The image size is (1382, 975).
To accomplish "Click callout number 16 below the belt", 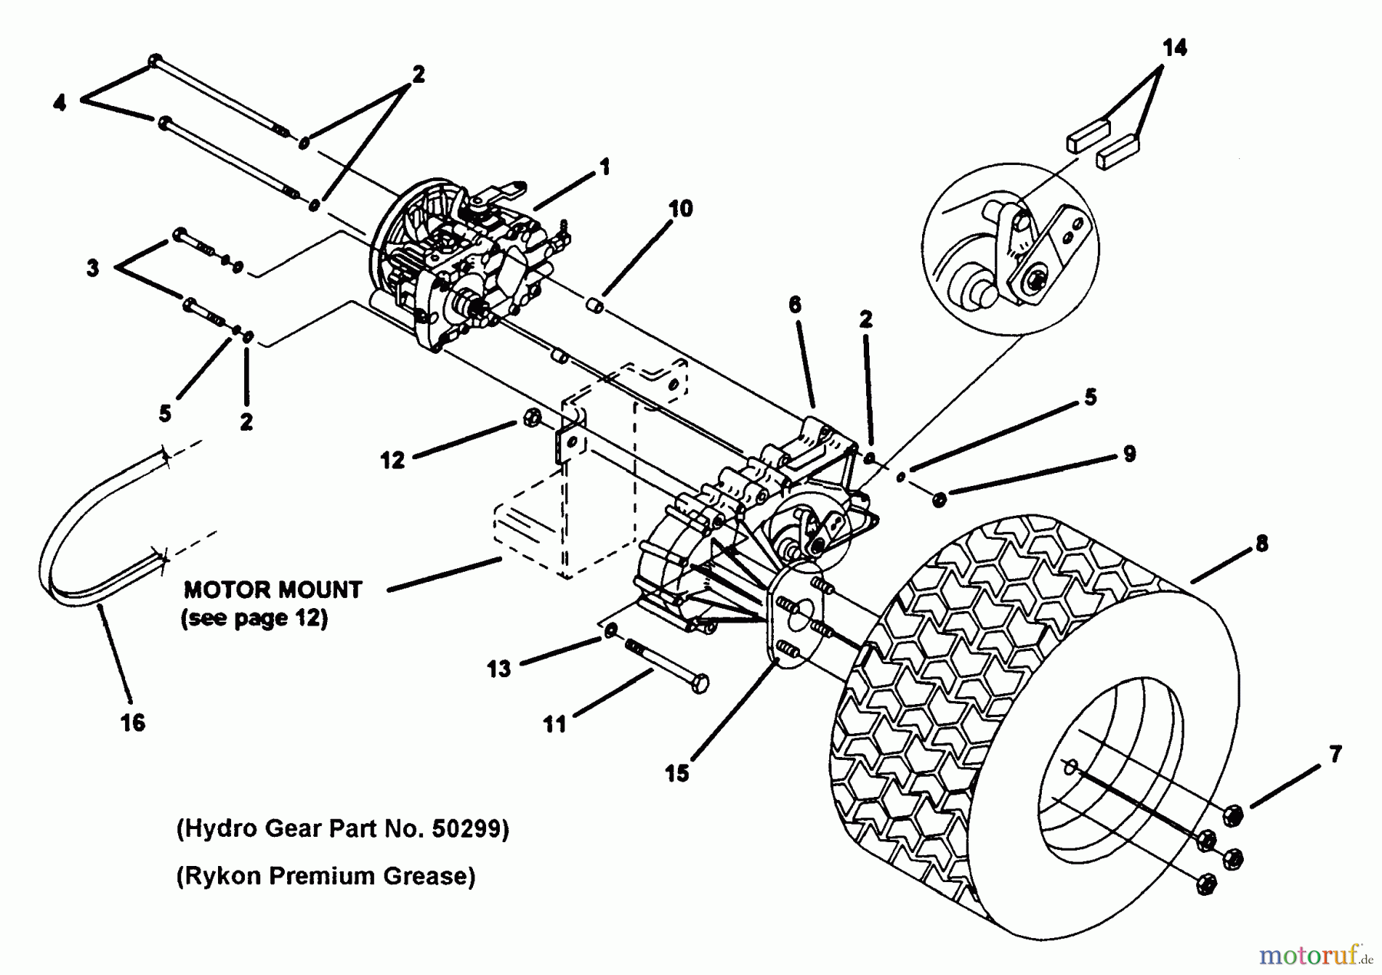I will point(133,722).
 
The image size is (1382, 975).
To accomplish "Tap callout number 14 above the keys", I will point(1174,48).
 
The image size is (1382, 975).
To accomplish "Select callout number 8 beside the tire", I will point(1261,544).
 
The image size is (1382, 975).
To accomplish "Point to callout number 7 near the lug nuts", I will point(1335,755).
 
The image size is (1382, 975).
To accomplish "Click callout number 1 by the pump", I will point(605,166).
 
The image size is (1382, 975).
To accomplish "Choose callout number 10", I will point(680,208).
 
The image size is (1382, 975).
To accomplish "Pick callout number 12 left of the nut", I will point(392,460).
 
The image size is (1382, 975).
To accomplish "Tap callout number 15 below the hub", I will point(676,773).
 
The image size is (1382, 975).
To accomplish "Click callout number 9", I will point(1129,454).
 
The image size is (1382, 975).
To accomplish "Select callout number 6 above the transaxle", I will point(795,305).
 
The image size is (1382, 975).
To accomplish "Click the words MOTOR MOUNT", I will point(273,590).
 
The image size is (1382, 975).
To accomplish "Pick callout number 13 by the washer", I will point(498,669).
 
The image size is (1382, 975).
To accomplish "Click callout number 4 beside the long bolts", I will point(60,102).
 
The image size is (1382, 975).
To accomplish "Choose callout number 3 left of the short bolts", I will point(93,268).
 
